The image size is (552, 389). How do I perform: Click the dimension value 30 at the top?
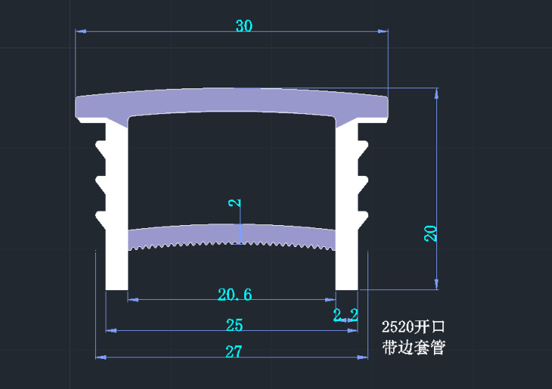(x=243, y=26)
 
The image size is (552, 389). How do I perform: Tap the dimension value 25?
(x=234, y=326)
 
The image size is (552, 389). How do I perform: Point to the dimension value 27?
(x=234, y=351)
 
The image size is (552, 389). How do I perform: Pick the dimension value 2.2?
(x=346, y=315)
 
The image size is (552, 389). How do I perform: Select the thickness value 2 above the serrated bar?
(x=234, y=202)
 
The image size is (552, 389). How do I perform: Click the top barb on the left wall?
(x=100, y=145)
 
